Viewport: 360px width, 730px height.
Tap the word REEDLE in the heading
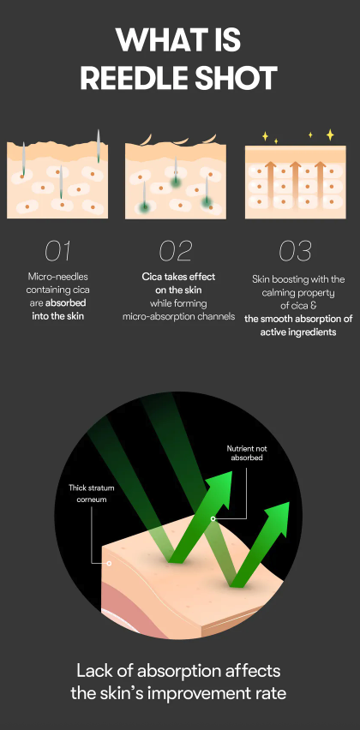[132, 78]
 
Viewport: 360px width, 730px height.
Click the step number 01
[57, 251]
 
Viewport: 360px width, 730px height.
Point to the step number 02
[176, 251]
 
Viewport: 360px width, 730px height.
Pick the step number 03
[295, 251]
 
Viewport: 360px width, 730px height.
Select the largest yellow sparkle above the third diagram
[330, 135]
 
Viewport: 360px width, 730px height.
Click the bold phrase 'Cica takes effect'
[179, 277]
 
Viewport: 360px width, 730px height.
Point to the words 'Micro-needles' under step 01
[57, 277]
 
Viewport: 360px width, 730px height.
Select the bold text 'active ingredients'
[298, 332]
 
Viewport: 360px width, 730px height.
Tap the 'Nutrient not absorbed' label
[247, 453]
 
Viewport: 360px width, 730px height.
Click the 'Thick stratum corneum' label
[91, 494]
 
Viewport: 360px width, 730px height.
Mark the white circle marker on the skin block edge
[109, 563]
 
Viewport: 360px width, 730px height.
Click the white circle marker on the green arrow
[213, 518]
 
